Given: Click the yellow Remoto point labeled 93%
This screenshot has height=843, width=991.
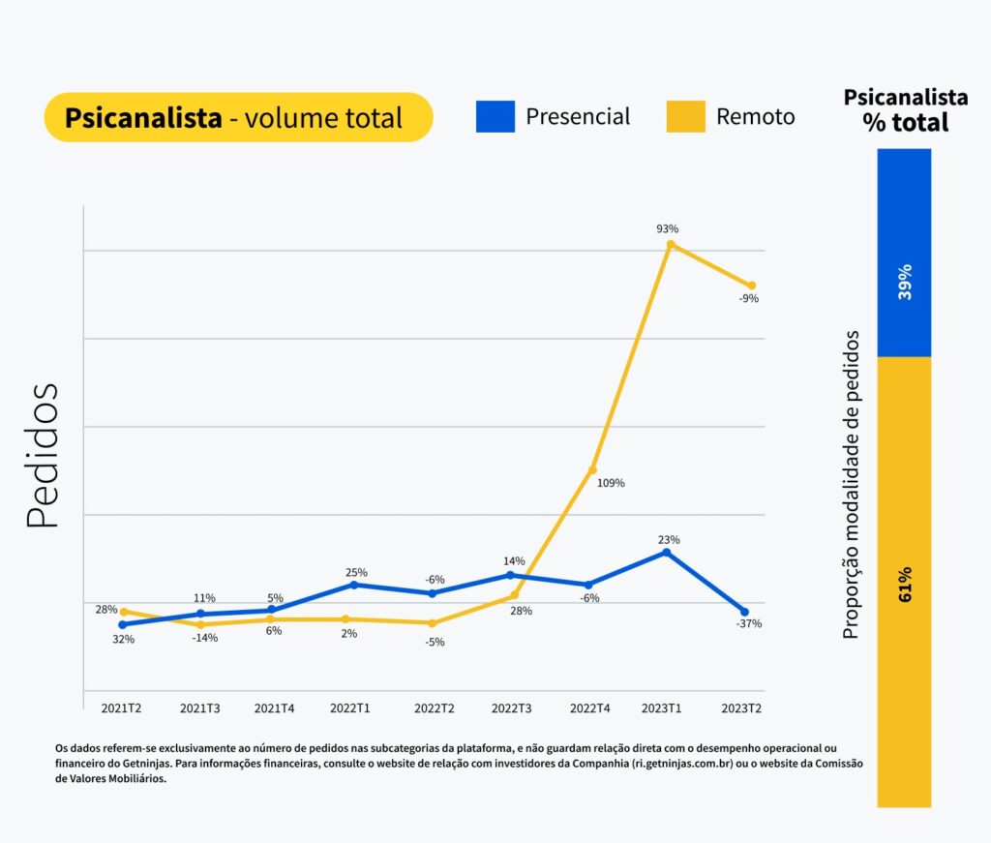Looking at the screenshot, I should [x=669, y=244].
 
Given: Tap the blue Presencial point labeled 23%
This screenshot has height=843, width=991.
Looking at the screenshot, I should [x=667, y=552].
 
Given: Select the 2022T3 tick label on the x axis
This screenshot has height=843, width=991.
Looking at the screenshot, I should [x=511, y=708].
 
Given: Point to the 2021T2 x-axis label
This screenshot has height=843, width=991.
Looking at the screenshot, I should [x=122, y=708].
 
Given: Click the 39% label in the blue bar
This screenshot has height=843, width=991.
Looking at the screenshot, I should [x=905, y=281].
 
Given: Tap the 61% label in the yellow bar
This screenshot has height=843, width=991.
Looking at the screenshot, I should [x=905, y=582].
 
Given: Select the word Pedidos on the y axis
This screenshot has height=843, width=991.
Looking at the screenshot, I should [x=44, y=455].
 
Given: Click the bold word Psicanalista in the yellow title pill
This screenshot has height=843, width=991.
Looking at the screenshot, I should [x=143, y=118].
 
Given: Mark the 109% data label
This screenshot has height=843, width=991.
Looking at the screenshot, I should [x=612, y=483].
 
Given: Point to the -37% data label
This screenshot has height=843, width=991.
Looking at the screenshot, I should [x=748, y=624].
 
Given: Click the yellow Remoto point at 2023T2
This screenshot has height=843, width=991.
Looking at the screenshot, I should [x=751, y=286].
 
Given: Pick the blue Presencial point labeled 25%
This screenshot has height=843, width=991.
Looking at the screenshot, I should [x=354, y=585].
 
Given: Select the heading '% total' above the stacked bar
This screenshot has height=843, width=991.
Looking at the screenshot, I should [x=906, y=123].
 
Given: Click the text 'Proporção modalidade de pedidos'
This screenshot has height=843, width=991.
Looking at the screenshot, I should [x=851, y=484].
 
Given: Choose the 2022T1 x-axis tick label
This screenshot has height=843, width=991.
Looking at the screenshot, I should [x=351, y=708].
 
